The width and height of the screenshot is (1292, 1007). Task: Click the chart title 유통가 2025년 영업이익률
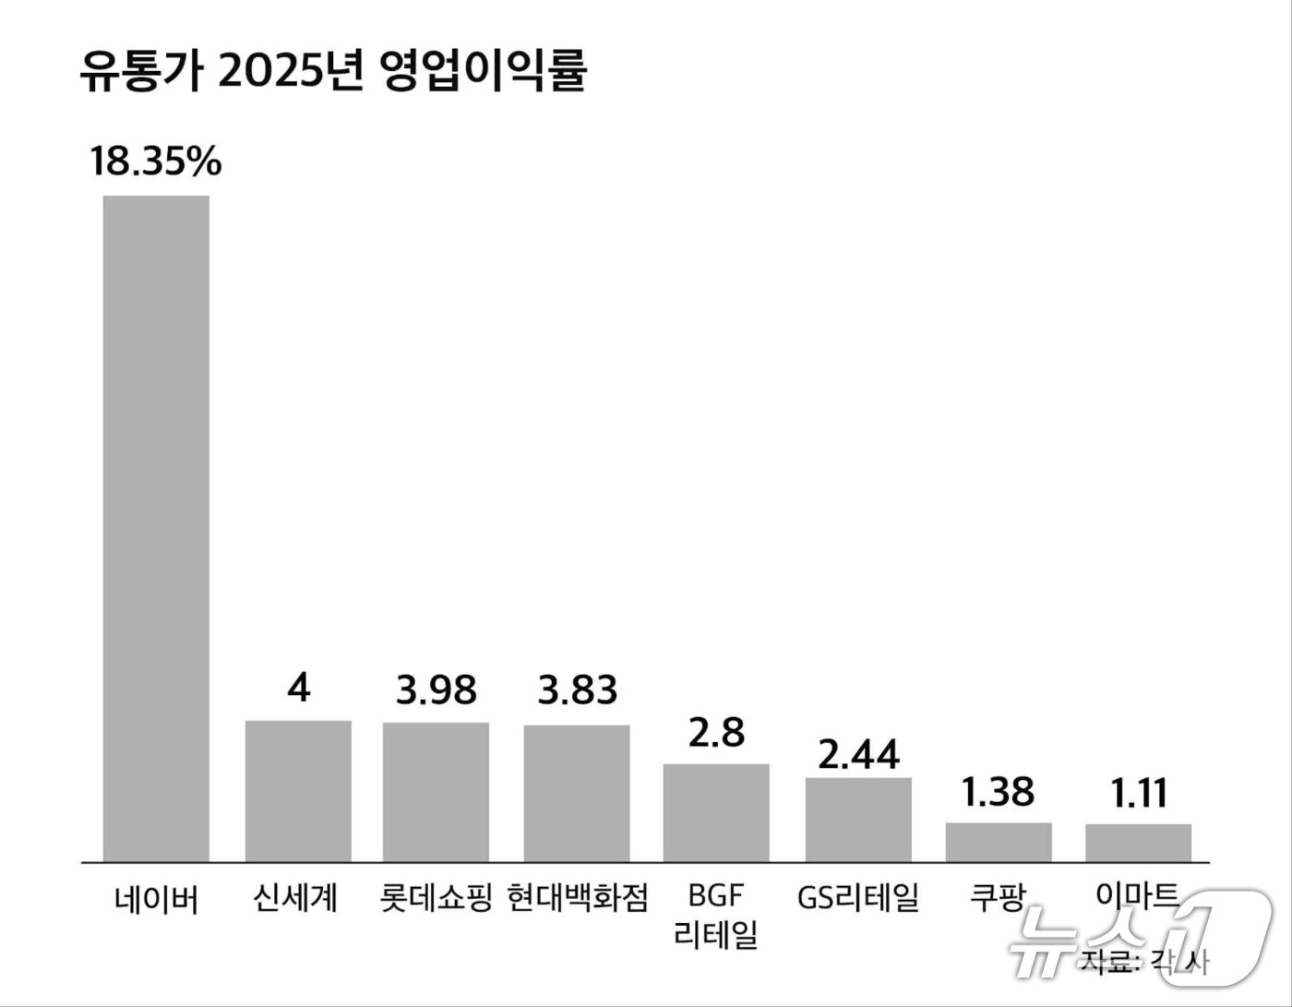[x=332, y=72]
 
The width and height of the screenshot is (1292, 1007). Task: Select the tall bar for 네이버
[x=156, y=528]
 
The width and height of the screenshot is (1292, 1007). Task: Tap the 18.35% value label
[x=156, y=162]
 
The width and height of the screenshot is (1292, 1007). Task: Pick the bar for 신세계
[x=298, y=791]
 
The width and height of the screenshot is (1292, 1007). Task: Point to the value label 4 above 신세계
[x=298, y=689]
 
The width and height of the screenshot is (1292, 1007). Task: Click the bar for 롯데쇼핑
[x=437, y=792]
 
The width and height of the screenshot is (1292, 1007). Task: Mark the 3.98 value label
[x=437, y=689]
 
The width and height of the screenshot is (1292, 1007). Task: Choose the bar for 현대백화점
[x=578, y=794]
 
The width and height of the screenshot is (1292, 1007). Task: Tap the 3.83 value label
[x=578, y=689]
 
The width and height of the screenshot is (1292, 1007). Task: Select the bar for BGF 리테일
[x=716, y=813]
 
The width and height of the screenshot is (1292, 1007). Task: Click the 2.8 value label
[x=716, y=733]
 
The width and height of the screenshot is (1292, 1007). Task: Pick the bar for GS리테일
[x=858, y=820]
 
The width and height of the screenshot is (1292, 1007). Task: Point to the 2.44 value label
[x=858, y=755]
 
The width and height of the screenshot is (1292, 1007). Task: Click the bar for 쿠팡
[x=999, y=842]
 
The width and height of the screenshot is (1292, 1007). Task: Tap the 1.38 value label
[x=999, y=792]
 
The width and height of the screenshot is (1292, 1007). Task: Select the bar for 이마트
[x=1138, y=843]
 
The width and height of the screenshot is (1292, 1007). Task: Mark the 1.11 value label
[x=1139, y=793]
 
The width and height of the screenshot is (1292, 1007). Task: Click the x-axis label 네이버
[x=156, y=897]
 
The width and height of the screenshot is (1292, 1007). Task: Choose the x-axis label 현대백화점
[x=578, y=897]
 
